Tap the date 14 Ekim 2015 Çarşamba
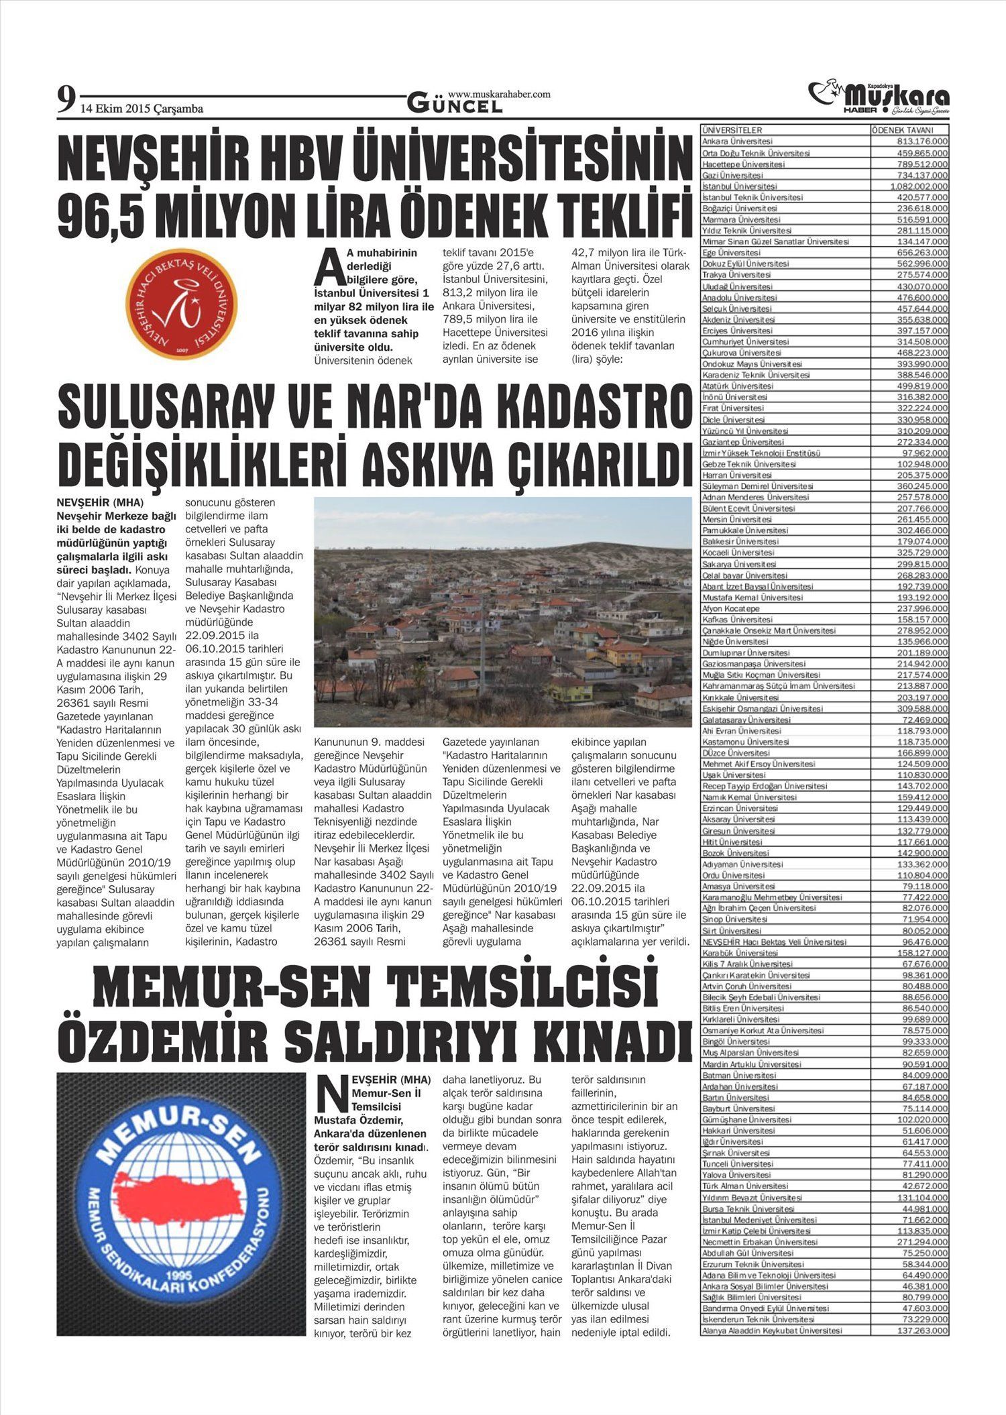[142, 109]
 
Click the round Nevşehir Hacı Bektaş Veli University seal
[181, 302]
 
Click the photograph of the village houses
[502, 612]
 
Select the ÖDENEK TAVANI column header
[901, 130]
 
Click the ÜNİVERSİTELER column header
[732, 130]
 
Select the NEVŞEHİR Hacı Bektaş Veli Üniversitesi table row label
[774, 942]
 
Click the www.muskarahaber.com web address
[499, 95]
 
